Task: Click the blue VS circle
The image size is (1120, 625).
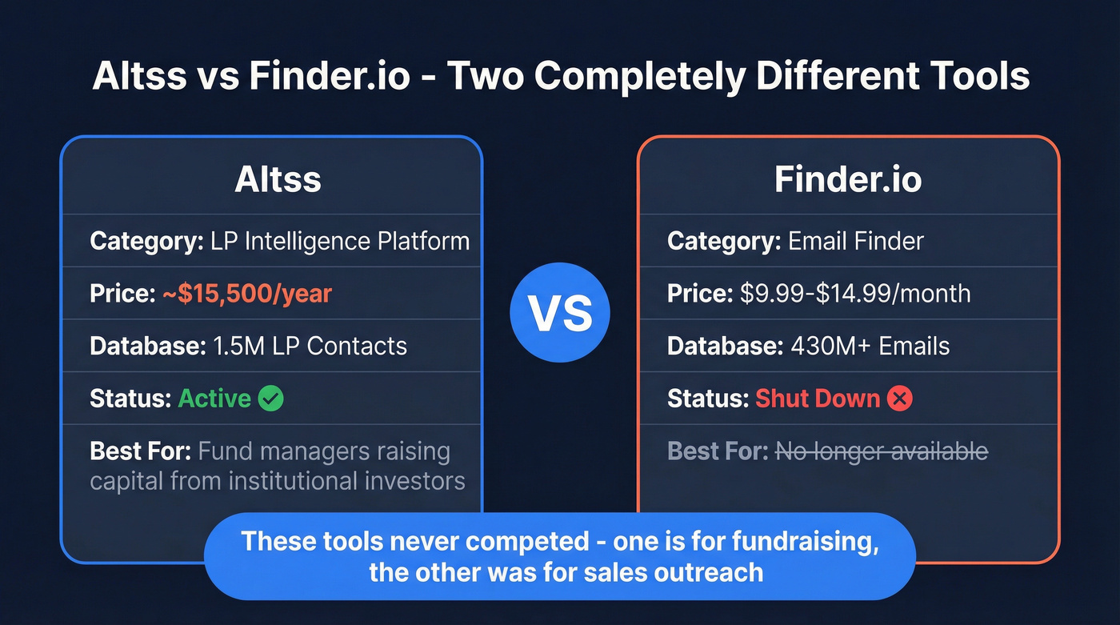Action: pos(559,313)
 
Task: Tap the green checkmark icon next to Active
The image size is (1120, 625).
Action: pos(271,399)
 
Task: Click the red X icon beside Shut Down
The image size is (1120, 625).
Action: pos(899,399)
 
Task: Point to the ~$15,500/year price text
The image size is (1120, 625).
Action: pos(246,294)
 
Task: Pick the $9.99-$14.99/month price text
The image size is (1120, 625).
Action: pos(855,294)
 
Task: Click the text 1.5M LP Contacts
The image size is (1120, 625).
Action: pos(310,346)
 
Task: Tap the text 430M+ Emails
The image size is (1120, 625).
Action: pos(870,346)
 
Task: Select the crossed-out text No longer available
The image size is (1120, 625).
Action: pos(882,451)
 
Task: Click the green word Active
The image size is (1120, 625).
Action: pos(214,399)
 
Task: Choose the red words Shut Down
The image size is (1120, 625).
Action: pos(818,399)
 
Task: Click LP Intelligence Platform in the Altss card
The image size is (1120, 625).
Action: pos(340,241)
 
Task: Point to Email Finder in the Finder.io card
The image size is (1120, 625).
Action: pos(856,241)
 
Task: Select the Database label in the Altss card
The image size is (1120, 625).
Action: pos(146,346)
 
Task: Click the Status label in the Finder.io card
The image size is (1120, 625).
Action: pos(706,399)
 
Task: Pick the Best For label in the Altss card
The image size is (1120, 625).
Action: pos(140,451)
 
